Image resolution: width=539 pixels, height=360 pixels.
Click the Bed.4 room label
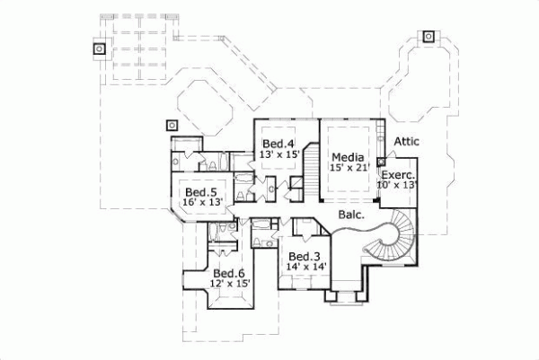(278, 144)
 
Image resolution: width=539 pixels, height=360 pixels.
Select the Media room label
(346, 155)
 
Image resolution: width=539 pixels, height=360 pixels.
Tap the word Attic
(406, 141)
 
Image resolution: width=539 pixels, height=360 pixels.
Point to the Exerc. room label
(397, 174)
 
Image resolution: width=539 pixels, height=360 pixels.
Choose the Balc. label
(351, 215)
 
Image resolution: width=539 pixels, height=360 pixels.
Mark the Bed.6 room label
(229, 273)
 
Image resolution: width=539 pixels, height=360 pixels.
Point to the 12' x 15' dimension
(229, 284)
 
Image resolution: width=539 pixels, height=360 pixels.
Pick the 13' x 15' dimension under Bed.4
(278, 154)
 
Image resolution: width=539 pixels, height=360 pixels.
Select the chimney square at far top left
(99, 48)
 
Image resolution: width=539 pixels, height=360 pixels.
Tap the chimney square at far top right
(429, 38)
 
